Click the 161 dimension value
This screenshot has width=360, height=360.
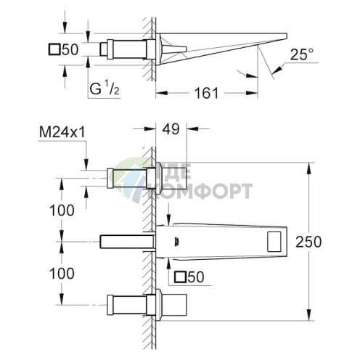click(206, 93)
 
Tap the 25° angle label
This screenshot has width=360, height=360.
click(302, 54)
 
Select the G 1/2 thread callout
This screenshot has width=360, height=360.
click(105, 89)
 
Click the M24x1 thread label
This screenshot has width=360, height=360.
click(62, 132)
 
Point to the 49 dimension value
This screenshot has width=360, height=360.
click(171, 129)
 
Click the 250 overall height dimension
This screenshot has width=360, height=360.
click(308, 242)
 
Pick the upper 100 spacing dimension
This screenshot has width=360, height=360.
click(62, 210)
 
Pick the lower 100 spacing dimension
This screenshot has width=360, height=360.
click(62, 274)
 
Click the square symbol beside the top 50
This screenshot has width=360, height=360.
click(54, 49)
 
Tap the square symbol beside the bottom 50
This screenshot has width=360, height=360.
click(180, 277)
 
